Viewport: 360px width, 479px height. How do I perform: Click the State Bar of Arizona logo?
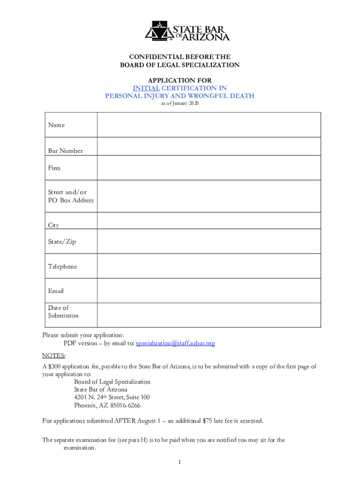187,31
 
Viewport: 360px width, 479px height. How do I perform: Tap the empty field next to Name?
209,125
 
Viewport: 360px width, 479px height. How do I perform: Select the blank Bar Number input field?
209,146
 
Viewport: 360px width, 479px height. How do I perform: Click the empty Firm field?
209,167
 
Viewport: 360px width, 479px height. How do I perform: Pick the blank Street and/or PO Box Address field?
209,196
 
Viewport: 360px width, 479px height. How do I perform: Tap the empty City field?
209,221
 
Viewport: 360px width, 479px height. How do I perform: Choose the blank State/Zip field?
209,241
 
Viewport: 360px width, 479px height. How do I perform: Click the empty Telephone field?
209,266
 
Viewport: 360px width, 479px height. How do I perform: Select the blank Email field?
209,290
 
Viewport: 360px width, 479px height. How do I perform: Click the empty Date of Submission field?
209,315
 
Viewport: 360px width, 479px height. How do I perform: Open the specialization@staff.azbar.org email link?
175,343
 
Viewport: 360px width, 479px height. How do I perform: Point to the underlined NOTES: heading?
54,356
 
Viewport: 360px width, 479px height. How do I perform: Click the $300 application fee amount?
55,367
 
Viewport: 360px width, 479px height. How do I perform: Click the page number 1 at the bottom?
179,463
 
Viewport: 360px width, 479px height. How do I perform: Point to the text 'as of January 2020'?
180,103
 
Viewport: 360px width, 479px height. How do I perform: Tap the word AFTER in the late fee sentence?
125,421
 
